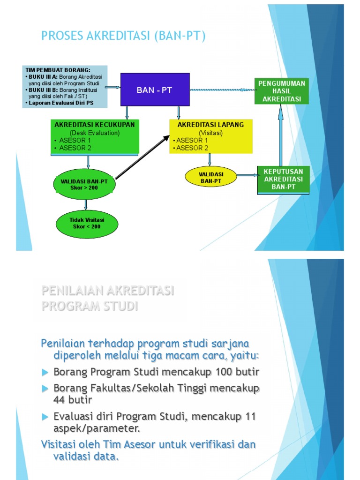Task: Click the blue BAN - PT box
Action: pyautogui.click(x=155, y=90)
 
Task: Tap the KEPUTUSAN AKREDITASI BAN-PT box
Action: pyautogui.click(x=283, y=179)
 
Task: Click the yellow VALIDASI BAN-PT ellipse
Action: pyautogui.click(x=211, y=177)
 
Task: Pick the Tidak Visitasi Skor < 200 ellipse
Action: pyautogui.click(x=87, y=223)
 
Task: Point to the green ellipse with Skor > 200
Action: pyautogui.click(x=84, y=184)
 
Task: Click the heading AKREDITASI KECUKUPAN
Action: pyautogui.click(x=95, y=125)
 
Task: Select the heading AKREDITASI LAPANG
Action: pyautogui.click(x=210, y=125)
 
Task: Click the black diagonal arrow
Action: pyautogui.click(x=142, y=157)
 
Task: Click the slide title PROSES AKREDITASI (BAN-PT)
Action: pyautogui.click(x=124, y=36)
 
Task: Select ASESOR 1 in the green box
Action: pyautogui.click(x=75, y=140)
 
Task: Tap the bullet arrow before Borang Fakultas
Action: pyautogui.click(x=45, y=389)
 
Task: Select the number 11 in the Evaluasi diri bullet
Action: pyautogui.click(x=250, y=417)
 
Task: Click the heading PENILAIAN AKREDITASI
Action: pyautogui.click(x=108, y=291)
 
